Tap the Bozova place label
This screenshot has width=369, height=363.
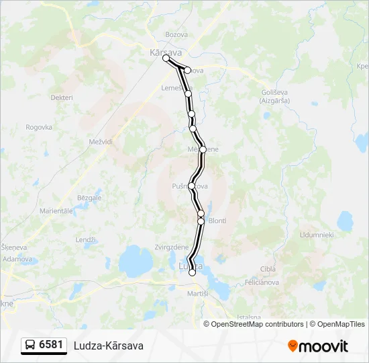(x=176, y=35)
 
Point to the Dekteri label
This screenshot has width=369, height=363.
(x=62, y=97)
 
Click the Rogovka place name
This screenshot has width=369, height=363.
(x=39, y=126)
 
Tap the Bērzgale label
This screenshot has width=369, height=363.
(x=89, y=198)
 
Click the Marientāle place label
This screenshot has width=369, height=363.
(x=56, y=210)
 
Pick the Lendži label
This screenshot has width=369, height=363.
(x=86, y=239)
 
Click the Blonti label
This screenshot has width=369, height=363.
(x=217, y=220)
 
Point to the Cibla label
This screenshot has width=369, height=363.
(x=268, y=269)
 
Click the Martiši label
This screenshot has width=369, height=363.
(x=198, y=294)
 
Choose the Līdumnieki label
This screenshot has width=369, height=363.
(x=317, y=235)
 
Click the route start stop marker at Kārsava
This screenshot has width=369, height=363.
(x=166, y=58)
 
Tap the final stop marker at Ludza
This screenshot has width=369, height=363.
(x=193, y=272)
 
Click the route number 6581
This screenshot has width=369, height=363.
(x=51, y=345)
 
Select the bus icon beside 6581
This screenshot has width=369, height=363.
(x=30, y=345)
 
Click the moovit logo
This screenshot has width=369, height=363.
(x=318, y=346)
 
